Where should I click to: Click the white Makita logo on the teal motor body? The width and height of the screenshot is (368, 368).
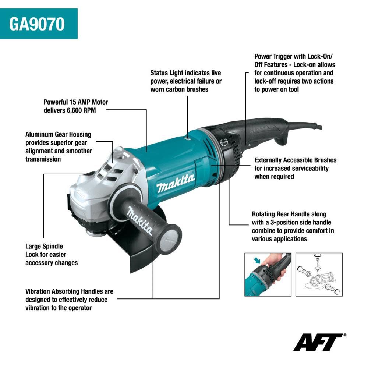176,183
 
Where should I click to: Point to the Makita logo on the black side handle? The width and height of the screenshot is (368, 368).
140,221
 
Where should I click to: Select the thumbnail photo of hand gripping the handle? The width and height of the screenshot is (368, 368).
268,274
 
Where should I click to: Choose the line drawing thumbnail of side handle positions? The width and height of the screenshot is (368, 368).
319,274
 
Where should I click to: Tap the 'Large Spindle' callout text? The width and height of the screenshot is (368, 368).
44,246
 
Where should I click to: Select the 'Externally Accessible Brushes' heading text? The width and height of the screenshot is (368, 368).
295,160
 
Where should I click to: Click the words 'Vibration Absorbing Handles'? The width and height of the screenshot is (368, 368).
69,291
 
